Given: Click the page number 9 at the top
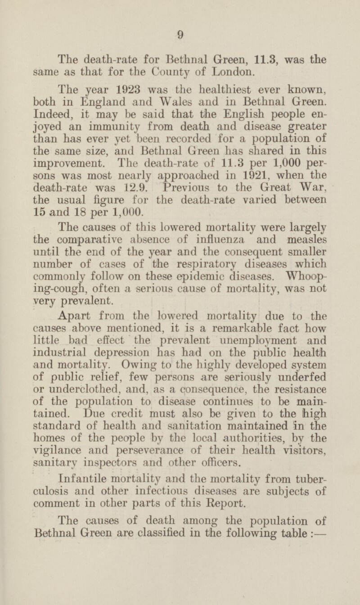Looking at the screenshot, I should click(179, 32).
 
